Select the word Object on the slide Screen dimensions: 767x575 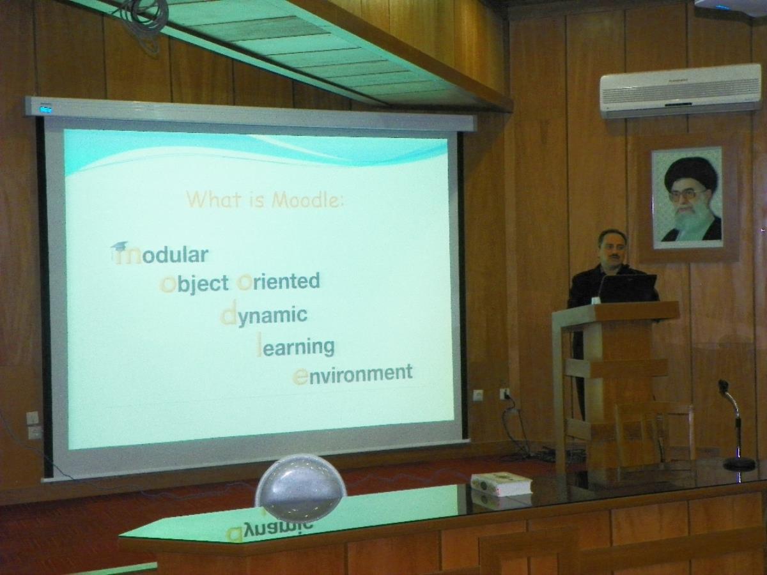pyautogui.click(x=194, y=284)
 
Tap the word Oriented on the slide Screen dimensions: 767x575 pyautogui.click(x=279, y=281)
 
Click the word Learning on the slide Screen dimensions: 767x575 pyautogui.click(x=296, y=346)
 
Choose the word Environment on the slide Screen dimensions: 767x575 pyautogui.click(x=353, y=374)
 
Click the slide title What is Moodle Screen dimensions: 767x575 pyautogui.click(x=265, y=200)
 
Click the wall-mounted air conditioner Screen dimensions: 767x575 pyautogui.click(x=679, y=91)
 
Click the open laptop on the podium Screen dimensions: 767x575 pyautogui.click(x=628, y=288)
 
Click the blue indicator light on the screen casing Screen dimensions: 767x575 pyautogui.click(x=46, y=110)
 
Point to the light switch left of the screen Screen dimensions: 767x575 pyautogui.click(x=33, y=417)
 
